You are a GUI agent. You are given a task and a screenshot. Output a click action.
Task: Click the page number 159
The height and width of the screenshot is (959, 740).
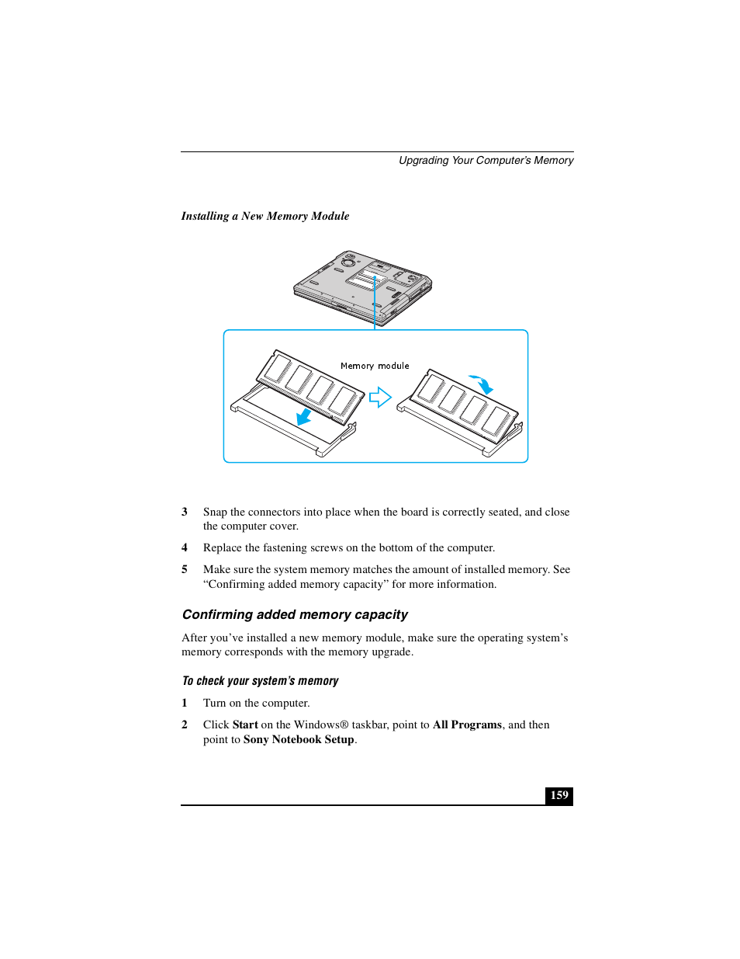coord(559,795)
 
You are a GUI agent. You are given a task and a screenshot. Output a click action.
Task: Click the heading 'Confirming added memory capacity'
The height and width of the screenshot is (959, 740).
coord(295,614)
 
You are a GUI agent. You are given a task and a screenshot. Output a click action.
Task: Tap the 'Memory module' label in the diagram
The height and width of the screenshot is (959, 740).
coord(375,366)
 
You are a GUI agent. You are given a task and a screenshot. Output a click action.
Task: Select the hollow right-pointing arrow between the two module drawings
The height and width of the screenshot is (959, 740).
coord(380,398)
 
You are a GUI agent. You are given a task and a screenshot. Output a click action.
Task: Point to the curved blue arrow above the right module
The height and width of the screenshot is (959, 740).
coord(482,384)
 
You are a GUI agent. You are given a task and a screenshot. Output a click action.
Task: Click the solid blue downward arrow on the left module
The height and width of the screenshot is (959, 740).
coord(304,417)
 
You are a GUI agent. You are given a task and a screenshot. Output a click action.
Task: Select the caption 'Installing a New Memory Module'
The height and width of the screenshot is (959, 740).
coord(265,216)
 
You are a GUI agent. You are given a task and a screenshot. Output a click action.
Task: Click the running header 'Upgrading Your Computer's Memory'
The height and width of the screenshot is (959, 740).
coord(486,160)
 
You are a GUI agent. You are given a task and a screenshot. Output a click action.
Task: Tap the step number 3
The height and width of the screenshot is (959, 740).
coord(185,512)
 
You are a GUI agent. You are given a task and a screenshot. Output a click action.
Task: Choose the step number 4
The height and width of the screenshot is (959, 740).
coord(185,547)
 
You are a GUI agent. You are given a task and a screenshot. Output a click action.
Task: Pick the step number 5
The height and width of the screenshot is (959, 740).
coord(185,569)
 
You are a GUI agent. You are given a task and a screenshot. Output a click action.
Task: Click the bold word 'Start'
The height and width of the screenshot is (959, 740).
coord(245,724)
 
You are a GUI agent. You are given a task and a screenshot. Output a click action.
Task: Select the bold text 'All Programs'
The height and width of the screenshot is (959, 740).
coord(467,724)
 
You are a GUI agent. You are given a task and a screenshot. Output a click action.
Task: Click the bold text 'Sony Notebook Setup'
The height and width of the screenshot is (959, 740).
coord(299,739)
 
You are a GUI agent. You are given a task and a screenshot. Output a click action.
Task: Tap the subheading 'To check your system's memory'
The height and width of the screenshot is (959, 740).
coord(260,681)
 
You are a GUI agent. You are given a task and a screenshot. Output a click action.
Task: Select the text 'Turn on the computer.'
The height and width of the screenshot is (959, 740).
coord(256,703)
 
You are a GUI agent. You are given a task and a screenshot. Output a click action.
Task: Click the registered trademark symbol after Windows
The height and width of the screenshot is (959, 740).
coord(344,724)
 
